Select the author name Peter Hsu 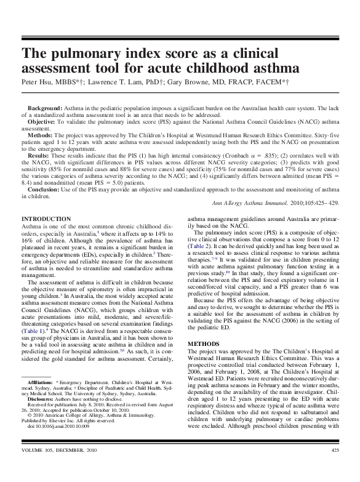point(38,81)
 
